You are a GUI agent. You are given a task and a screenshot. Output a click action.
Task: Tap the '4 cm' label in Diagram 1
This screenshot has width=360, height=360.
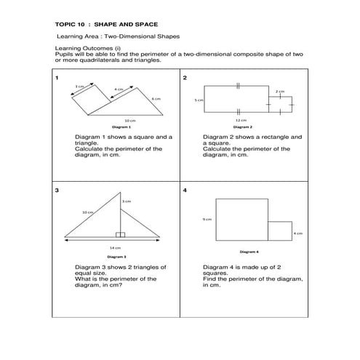(x=117, y=89)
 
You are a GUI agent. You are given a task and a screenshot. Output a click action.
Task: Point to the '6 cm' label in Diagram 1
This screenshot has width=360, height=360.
(x=156, y=98)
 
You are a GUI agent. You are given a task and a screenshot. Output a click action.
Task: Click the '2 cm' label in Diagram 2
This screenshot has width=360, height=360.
(x=279, y=91)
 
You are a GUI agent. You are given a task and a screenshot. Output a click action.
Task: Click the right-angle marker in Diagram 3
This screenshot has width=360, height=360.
(x=121, y=234)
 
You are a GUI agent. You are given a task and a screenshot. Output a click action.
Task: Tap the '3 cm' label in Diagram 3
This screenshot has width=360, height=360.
(x=127, y=201)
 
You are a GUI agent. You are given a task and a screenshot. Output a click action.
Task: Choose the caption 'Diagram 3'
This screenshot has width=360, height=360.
(x=116, y=257)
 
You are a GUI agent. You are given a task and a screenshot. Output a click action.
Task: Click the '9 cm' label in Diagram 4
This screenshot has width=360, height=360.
(x=207, y=219)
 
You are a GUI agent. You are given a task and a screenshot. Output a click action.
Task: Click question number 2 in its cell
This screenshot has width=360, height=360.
(x=185, y=77)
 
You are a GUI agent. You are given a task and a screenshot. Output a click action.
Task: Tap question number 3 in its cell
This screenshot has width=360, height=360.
(x=57, y=191)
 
